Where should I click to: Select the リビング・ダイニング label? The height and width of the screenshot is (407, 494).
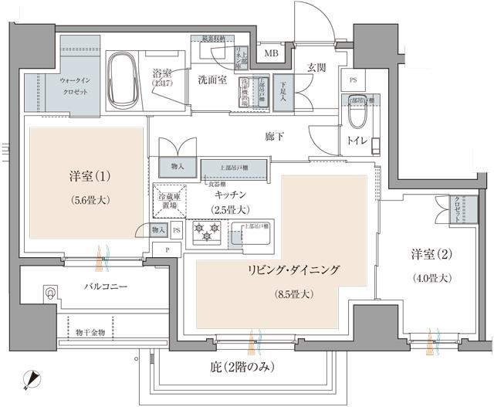(293, 271)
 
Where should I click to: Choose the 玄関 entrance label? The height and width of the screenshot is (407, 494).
(317, 67)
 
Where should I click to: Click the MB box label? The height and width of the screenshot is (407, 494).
(272, 53)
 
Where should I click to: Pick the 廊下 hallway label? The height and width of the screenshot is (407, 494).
(274, 137)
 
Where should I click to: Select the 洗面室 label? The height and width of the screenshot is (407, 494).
(211, 80)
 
